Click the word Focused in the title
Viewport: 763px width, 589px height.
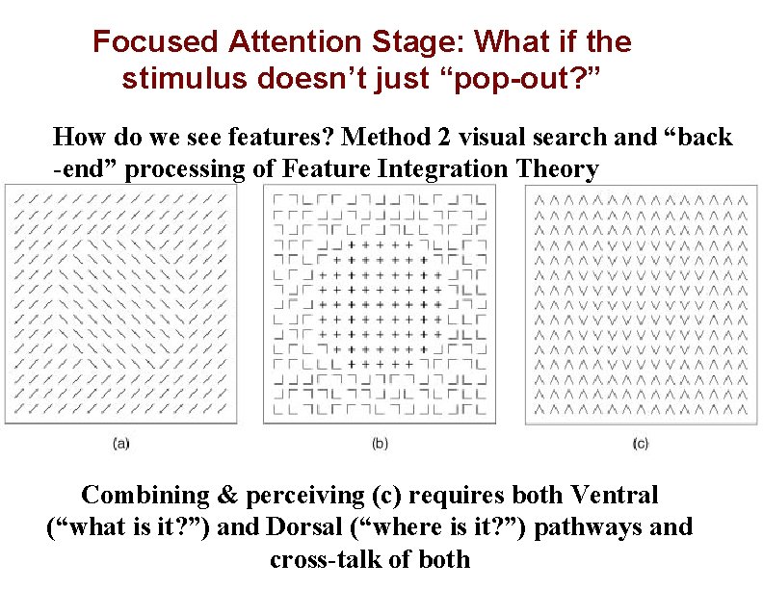pos(155,42)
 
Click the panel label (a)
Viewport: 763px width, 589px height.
pos(121,444)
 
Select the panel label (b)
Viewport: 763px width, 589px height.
pos(380,444)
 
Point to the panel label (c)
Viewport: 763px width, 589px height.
pos(641,444)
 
